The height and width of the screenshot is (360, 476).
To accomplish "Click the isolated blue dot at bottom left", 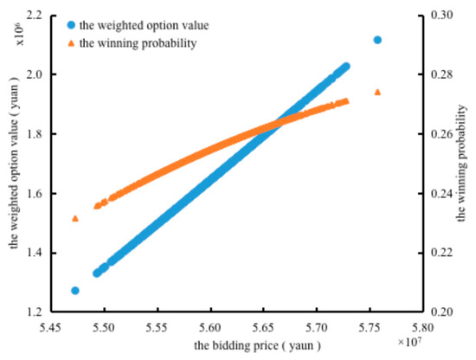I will (x=75, y=291).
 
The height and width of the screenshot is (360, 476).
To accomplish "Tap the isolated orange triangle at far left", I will (x=75, y=218).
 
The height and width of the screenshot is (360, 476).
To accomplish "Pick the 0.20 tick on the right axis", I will (x=433, y=312).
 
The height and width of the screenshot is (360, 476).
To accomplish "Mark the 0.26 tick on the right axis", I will (x=433, y=134).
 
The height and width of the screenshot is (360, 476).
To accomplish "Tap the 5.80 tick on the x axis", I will (x=421, y=329).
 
